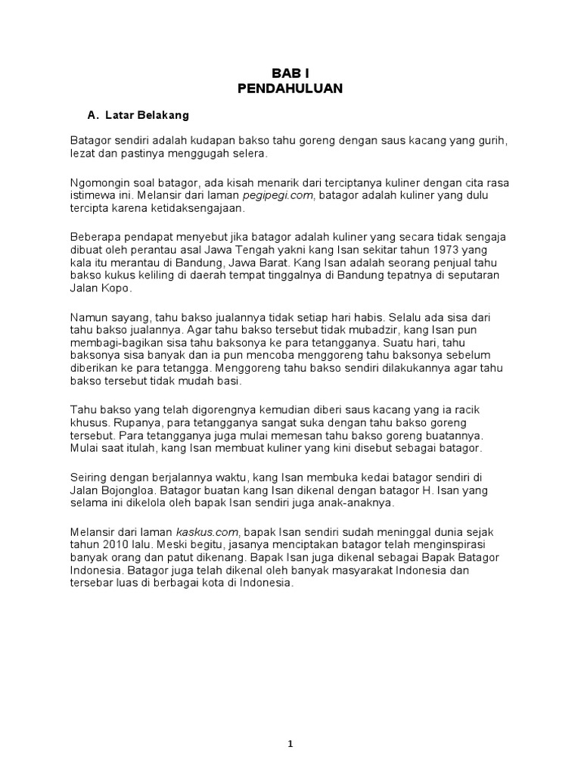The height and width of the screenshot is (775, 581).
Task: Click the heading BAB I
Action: coord(290,73)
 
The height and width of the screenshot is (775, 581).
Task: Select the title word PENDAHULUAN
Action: coord(290,89)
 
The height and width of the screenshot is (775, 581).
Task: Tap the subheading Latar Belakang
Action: coord(146,116)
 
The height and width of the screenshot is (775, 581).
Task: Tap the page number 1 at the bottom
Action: coord(290,723)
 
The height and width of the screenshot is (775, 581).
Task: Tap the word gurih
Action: coord(488,141)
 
